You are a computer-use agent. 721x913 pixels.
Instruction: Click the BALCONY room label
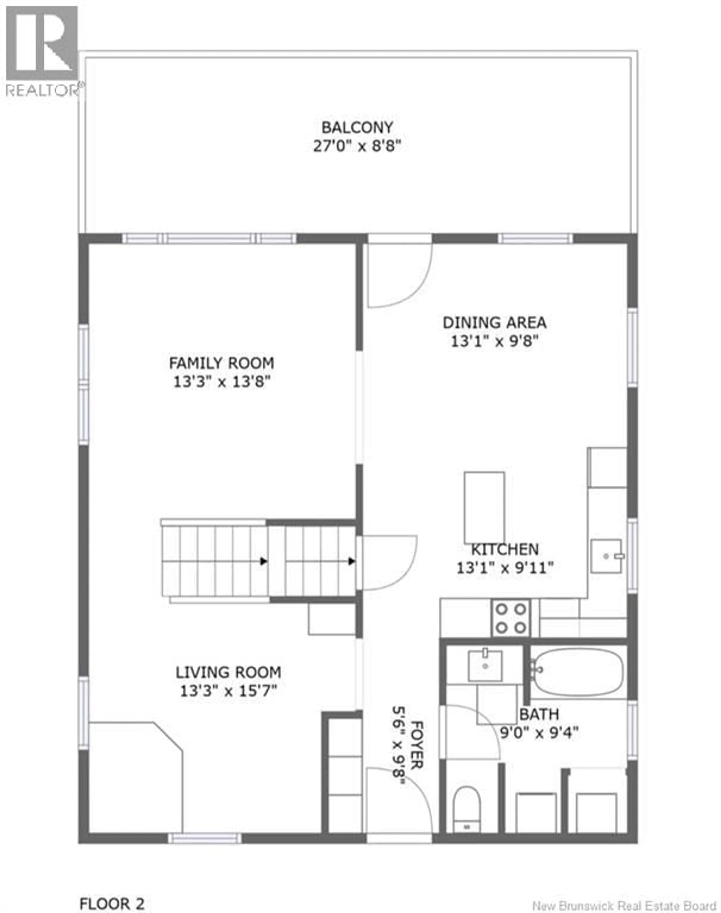pos(357,127)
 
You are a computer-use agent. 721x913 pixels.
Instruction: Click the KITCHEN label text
pos(505,549)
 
